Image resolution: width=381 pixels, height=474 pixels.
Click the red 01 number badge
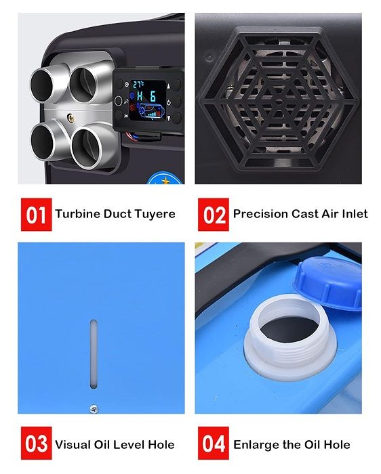(37, 215)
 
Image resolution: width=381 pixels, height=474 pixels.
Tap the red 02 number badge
(214, 215)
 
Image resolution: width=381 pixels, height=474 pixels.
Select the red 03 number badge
(37, 443)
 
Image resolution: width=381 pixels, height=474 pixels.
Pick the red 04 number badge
(214, 443)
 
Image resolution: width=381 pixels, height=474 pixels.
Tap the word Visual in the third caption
(73, 445)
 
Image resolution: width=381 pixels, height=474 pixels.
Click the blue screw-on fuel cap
(328, 282)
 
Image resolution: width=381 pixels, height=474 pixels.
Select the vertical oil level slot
(94, 354)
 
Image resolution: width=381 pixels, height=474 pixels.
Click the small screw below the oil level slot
(94, 409)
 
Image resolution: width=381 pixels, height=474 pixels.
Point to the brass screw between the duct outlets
(71, 117)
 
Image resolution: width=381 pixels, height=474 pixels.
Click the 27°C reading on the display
(138, 85)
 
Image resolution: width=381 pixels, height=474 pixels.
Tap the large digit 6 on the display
(153, 96)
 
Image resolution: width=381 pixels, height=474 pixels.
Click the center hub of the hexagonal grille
(279, 102)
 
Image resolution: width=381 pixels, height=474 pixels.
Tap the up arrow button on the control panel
(169, 86)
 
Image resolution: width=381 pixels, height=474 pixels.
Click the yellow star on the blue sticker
(165, 181)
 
